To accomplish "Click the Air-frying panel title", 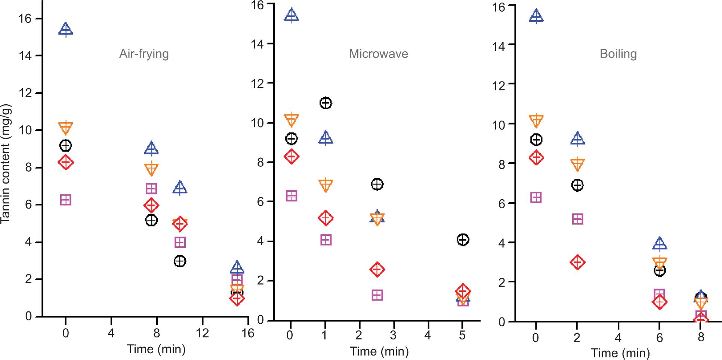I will pyautogui.click(x=144, y=54).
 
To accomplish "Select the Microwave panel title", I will pyautogui.click(x=378, y=54).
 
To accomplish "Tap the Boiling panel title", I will pyautogui.click(x=618, y=54).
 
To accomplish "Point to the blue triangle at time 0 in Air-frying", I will pyautogui.click(x=66, y=29).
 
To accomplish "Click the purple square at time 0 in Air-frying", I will pyautogui.click(x=65, y=200).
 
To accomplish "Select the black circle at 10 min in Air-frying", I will pyautogui.click(x=180, y=261).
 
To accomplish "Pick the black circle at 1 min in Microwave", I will pyautogui.click(x=325, y=103).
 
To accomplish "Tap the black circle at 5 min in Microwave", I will pyautogui.click(x=463, y=240).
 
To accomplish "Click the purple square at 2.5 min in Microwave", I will pyautogui.click(x=377, y=295).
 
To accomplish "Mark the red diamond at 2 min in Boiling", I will pyautogui.click(x=577, y=262).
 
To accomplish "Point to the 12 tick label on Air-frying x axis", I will pyautogui.click(x=202, y=333).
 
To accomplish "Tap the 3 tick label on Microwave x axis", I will pyautogui.click(x=393, y=335).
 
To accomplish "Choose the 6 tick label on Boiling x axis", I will pyautogui.click(x=660, y=338).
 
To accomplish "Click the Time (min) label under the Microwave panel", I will pyautogui.click(x=379, y=351).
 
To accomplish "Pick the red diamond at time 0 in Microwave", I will pyautogui.click(x=291, y=156).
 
